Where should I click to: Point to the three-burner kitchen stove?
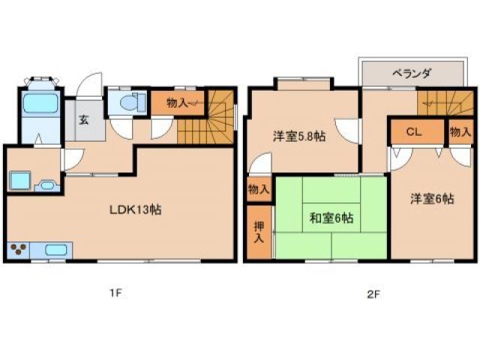tap(21, 250)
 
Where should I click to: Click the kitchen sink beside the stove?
tap(55, 250)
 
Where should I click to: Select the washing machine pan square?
tap(19, 181)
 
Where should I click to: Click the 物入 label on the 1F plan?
tap(178, 103)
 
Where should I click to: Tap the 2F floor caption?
tap(372, 294)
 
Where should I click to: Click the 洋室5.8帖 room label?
tap(298, 137)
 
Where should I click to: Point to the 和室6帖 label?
tap(331, 218)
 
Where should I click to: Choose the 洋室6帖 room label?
tap(431, 199)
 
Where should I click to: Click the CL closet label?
tap(413, 132)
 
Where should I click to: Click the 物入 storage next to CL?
tap(459, 132)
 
